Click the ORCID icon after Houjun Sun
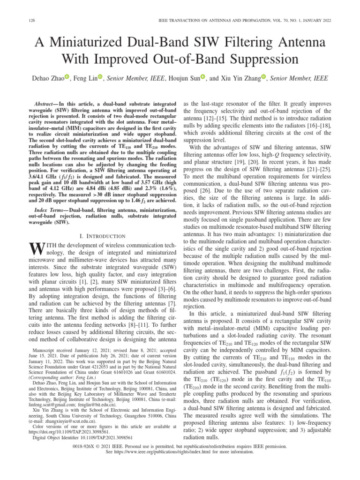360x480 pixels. pos(203,77)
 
